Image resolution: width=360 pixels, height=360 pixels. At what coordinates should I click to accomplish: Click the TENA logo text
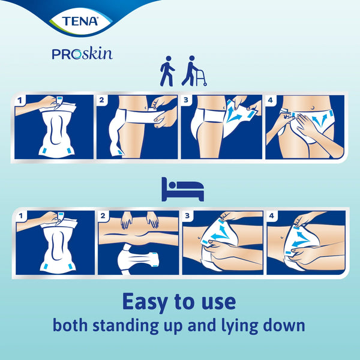(x=80, y=21)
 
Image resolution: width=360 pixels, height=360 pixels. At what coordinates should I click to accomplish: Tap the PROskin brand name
(x=82, y=54)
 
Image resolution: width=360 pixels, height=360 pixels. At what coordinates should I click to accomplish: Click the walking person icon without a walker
(x=167, y=71)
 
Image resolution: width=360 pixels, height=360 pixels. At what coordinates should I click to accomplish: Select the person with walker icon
(x=194, y=71)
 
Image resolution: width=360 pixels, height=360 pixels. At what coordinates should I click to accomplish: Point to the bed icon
(x=182, y=190)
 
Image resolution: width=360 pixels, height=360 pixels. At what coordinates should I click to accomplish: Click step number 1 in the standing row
(x=20, y=100)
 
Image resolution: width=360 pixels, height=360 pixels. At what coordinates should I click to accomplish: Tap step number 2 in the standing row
(x=102, y=100)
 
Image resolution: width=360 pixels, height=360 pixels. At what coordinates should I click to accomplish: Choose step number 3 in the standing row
(x=186, y=100)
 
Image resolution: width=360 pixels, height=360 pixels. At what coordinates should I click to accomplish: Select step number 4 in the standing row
(x=271, y=100)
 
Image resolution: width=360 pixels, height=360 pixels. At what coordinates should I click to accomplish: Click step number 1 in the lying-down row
(x=21, y=216)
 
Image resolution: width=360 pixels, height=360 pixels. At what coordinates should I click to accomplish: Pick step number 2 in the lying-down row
(x=103, y=215)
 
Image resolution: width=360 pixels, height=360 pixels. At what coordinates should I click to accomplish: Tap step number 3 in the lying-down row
(x=187, y=215)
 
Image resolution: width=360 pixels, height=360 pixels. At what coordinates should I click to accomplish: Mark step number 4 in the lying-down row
(x=272, y=215)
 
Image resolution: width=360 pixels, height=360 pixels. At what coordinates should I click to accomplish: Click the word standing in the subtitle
(x=125, y=326)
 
